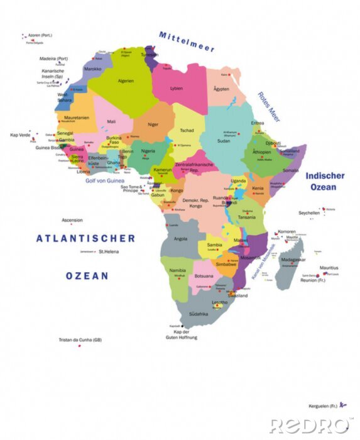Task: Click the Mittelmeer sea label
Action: (187, 41)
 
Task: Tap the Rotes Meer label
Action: (268, 107)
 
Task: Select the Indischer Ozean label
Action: (325, 181)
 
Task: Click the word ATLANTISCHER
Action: (85, 238)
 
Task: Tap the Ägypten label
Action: (222, 89)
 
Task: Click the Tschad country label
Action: (187, 130)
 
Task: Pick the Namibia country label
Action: (178, 270)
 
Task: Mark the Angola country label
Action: (180, 238)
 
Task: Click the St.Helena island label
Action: (108, 251)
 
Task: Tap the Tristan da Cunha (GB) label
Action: (80, 339)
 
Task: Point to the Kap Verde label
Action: (20, 135)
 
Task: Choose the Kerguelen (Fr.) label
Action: (324, 405)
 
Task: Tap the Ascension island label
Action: (72, 220)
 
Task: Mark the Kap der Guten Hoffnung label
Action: (182, 334)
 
